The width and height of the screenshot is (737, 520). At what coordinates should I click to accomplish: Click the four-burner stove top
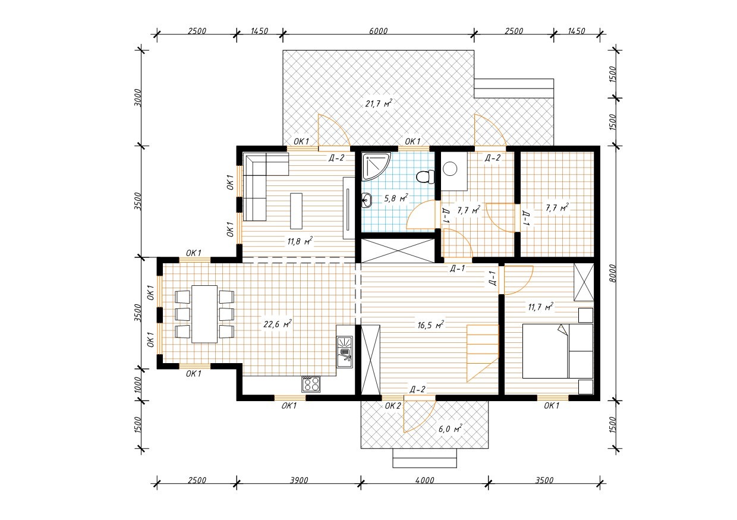tap(311, 384)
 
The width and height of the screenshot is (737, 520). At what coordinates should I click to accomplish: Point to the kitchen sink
tap(345, 352)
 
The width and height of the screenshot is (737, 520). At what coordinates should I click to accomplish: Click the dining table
tap(204, 314)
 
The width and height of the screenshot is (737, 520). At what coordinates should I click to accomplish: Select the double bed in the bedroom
tap(558, 351)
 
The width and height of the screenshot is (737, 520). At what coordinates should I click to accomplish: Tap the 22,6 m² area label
tap(278, 324)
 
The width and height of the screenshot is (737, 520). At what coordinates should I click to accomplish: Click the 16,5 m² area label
tap(431, 325)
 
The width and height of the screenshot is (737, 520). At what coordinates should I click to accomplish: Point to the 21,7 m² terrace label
tap(379, 103)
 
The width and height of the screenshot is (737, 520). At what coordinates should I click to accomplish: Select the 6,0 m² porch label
tap(450, 429)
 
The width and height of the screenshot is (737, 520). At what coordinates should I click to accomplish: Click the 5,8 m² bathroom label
tap(396, 198)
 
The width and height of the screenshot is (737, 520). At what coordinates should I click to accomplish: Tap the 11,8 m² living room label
tap(300, 241)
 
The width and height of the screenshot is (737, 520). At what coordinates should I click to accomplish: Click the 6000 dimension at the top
tap(379, 31)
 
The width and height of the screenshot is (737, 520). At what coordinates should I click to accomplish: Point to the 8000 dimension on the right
tap(612, 273)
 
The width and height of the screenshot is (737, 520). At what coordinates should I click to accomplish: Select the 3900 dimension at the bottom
tap(299, 480)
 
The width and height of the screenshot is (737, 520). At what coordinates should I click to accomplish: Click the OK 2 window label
tap(393, 406)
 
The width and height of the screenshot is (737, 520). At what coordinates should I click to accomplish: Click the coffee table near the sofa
tap(296, 211)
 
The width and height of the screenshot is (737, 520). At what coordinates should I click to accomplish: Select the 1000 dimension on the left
tap(138, 385)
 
